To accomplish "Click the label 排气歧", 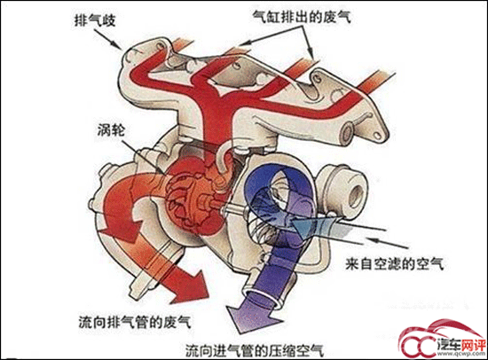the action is coord(95,21).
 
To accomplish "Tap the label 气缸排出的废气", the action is coord(302,16).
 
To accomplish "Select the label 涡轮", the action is coord(112,130).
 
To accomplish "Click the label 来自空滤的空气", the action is coord(394,264).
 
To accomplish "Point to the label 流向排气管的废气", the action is coord(135,322).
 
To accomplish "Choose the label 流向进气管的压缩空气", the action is coord(255,350).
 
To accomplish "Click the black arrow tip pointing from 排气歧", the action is coord(121,49).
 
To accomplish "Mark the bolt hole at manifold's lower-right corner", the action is coord(377,136).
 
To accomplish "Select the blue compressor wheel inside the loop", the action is coord(274,202).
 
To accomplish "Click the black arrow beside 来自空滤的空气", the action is coord(388,243).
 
